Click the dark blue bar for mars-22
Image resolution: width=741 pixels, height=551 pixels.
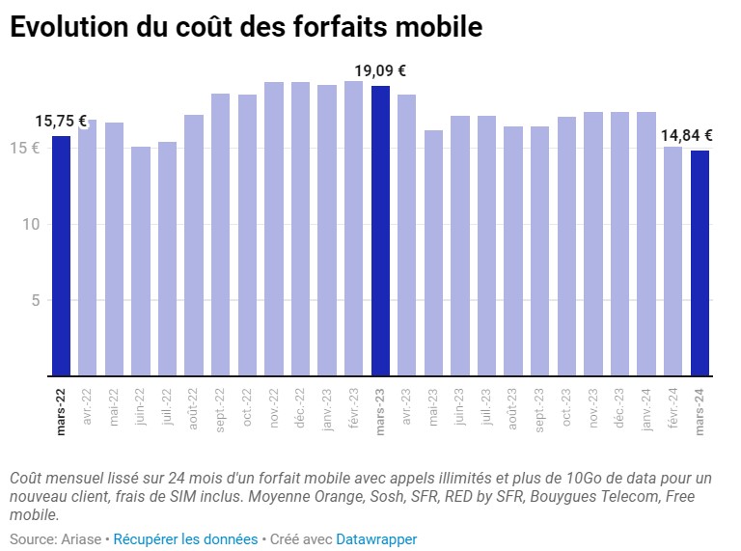pyautogui.click(x=61, y=256)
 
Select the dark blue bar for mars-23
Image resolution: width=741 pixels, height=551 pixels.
pyautogui.click(x=380, y=231)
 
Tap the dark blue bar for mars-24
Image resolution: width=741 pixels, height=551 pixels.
pyautogui.click(x=700, y=262)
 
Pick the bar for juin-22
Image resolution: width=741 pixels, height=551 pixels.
pyautogui.click(x=141, y=261)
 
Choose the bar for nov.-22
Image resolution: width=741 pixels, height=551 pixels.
pyautogui.click(x=274, y=229)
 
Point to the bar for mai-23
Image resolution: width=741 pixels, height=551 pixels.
pyautogui.click(x=434, y=253)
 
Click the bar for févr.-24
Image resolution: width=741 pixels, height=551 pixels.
pyautogui.click(x=673, y=261)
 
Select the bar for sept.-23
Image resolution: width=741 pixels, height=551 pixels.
pyautogui.click(x=540, y=251)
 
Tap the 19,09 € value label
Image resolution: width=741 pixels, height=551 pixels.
pyautogui.click(x=380, y=70)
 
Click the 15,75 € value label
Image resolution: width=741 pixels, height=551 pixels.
pyautogui.click(x=61, y=121)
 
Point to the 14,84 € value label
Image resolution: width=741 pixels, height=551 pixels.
pyautogui.click(x=687, y=135)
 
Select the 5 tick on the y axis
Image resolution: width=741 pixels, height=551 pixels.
pyautogui.click(x=34, y=300)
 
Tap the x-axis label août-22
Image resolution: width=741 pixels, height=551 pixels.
pyautogui.click(x=194, y=408)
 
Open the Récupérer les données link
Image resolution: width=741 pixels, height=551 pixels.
pyautogui.click(x=185, y=539)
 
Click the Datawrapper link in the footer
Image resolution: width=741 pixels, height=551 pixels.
pyautogui.click(x=376, y=539)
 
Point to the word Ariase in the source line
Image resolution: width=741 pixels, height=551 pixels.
pyautogui.click(x=82, y=539)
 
